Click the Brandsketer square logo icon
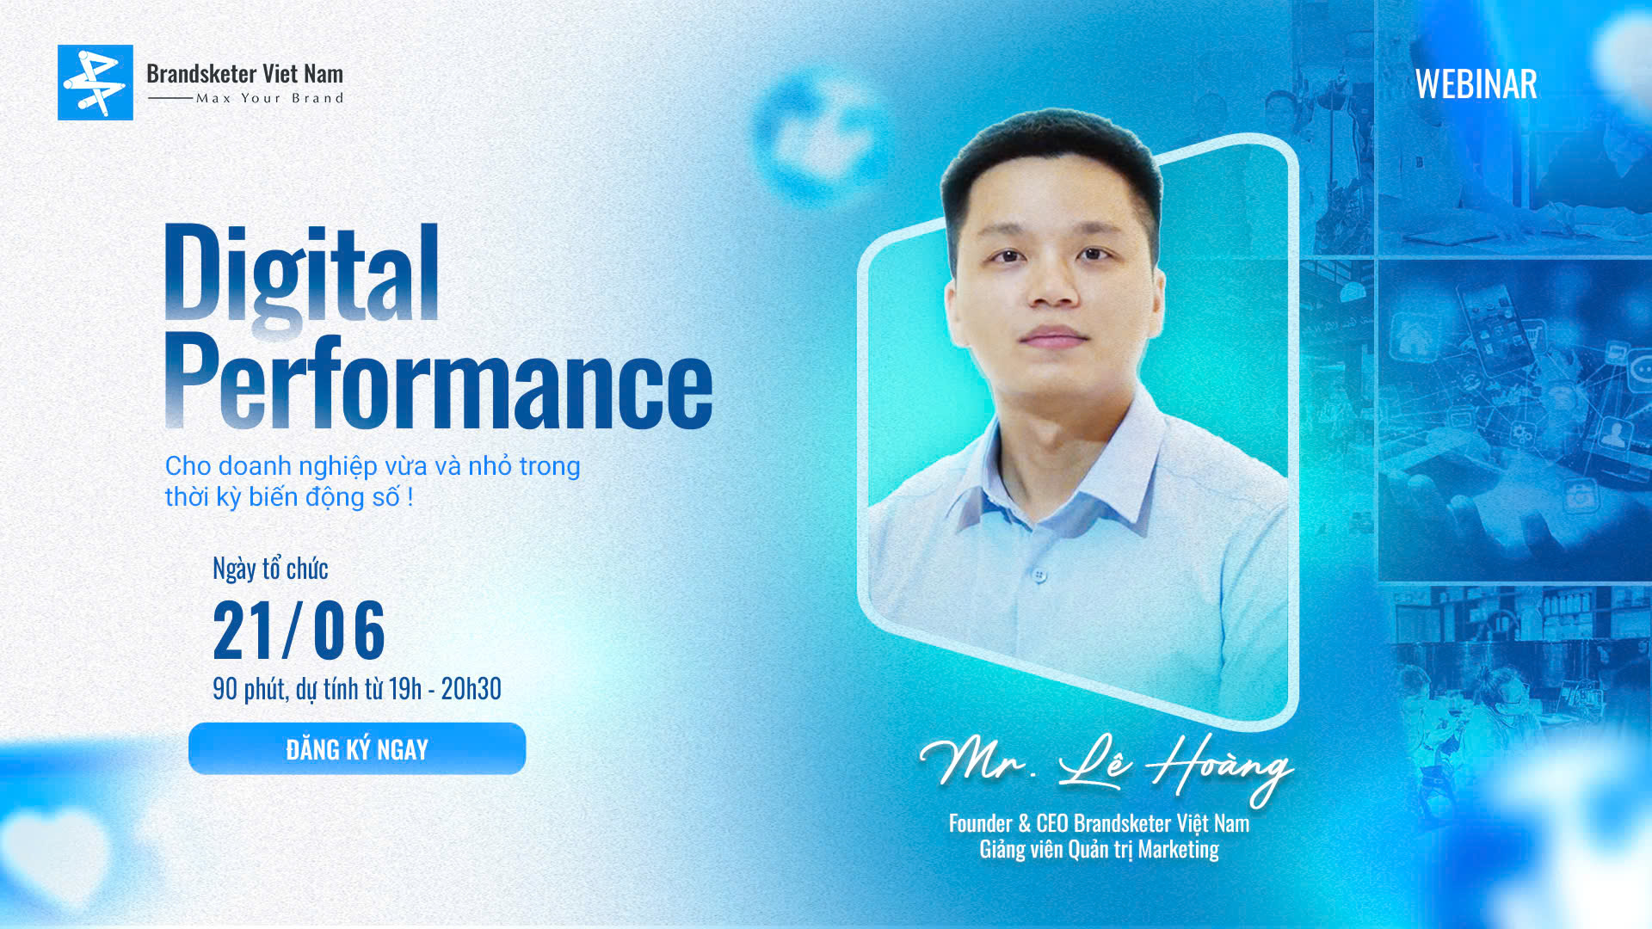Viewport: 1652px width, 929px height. (x=96, y=83)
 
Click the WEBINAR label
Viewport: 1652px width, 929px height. (x=1476, y=84)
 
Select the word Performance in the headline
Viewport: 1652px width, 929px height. (x=439, y=380)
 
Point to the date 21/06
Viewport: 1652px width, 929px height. (x=299, y=631)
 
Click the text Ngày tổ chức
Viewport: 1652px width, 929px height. (x=270, y=569)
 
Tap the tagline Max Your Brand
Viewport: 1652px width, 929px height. (x=269, y=98)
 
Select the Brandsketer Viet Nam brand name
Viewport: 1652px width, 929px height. (x=244, y=73)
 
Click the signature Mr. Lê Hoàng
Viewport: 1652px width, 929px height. (x=1107, y=766)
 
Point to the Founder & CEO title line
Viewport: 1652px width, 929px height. (x=1099, y=823)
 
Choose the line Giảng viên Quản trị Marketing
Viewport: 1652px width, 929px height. (x=1099, y=850)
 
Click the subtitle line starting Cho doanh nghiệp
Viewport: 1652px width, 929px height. (x=373, y=465)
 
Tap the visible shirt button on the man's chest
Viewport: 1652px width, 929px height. (x=1040, y=574)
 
